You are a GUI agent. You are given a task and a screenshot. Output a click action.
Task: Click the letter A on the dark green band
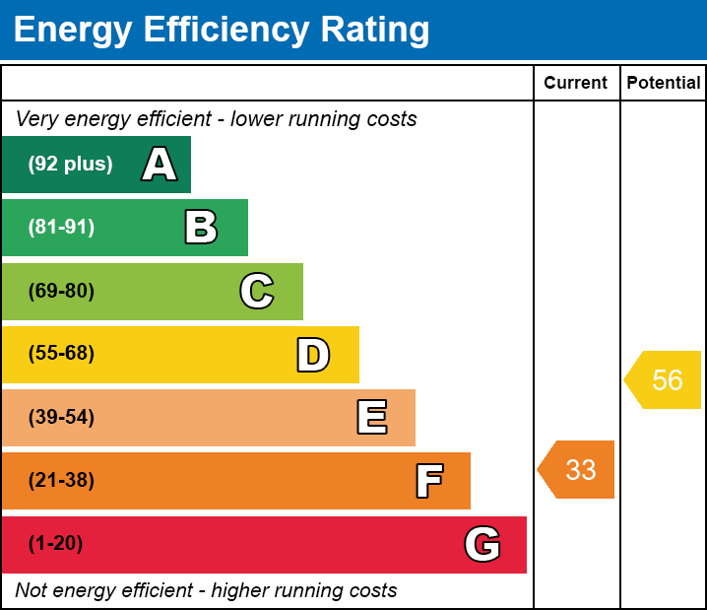pyautogui.click(x=160, y=164)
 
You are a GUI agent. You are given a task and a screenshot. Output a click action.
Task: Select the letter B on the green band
pyautogui.click(x=201, y=227)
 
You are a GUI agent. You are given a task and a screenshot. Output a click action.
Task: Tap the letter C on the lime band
pyautogui.click(x=257, y=291)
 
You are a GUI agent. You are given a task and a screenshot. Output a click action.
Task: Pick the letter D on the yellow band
pyautogui.click(x=313, y=355)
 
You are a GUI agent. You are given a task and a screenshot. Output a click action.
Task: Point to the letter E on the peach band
pyautogui.click(x=372, y=417)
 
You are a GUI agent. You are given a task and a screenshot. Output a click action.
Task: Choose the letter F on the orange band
pyautogui.click(x=429, y=481)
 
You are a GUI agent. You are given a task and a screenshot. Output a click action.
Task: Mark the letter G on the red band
pyautogui.click(x=482, y=544)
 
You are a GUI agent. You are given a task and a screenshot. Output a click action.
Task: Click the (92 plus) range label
pyautogui.click(x=70, y=164)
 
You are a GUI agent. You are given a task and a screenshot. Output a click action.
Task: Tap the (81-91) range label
pyautogui.click(x=61, y=227)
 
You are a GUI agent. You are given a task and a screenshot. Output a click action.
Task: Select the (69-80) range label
pyautogui.click(x=61, y=291)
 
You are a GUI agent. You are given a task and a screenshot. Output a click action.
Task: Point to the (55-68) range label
pyautogui.click(x=61, y=353)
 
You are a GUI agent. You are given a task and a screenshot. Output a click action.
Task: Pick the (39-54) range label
pyautogui.click(x=61, y=418)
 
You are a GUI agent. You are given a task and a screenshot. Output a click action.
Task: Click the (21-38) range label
pyautogui.click(x=61, y=481)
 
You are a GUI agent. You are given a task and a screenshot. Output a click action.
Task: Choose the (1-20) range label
pyautogui.click(x=55, y=544)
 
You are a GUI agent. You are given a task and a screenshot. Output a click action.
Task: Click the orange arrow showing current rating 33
pyautogui.click(x=576, y=470)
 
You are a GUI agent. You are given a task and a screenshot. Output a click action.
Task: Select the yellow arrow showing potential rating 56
pyautogui.click(x=663, y=380)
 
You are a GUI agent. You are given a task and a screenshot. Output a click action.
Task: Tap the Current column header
pyautogui.click(x=575, y=83)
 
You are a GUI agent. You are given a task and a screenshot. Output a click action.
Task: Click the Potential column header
pyautogui.click(x=664, y=83)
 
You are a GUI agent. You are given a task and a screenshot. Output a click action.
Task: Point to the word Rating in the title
pyautogui.click(x=375, y=31)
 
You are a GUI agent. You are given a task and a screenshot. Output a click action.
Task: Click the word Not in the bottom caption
pyautogui.click(x=31, y=590)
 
